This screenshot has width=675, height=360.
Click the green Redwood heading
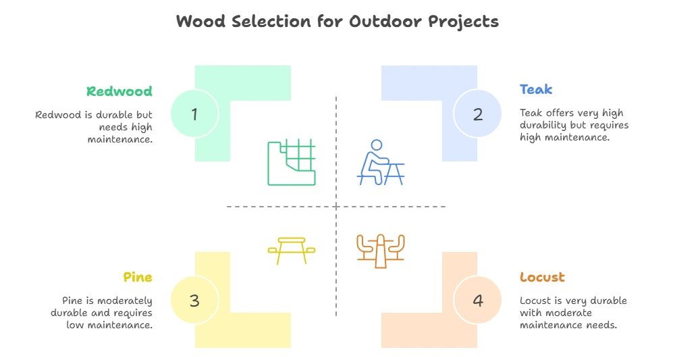[119, 91]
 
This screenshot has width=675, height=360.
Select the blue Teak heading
[536, 89]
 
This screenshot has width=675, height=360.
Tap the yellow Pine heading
[138, 277]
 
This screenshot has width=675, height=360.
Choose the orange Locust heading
[542, 277]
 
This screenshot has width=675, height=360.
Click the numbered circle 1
[194, 113]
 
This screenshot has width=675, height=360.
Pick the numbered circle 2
[477, 113]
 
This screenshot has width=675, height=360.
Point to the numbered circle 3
[194, 300]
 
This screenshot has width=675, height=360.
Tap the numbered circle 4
[477, 300]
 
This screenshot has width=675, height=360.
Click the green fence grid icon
[292, 162]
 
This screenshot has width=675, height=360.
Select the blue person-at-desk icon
[381, 162]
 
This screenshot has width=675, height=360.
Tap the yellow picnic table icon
[292, 250]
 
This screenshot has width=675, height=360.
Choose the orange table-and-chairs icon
[381, 251]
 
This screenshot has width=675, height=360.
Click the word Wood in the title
[200, 21]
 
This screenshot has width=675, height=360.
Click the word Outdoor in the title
[385, 21]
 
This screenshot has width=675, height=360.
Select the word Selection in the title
[271, 21]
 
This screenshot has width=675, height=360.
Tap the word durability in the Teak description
[543, 126]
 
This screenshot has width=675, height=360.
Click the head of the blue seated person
[377, 145]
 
